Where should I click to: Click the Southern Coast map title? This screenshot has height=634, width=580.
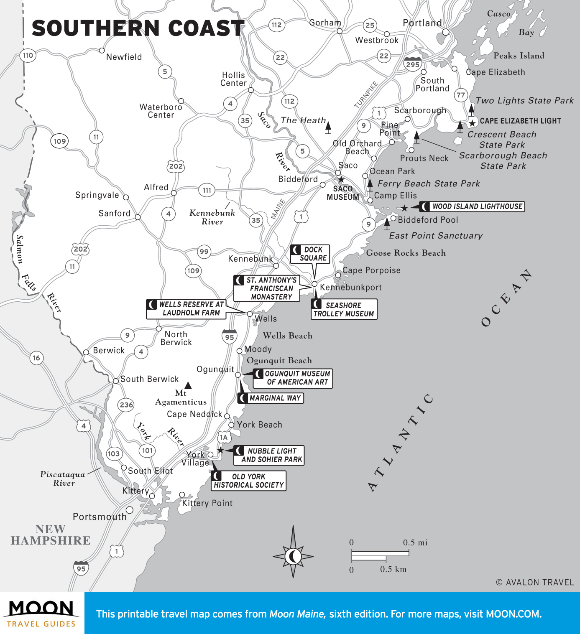(x=138, y=28)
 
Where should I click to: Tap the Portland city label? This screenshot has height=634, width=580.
(x=422, y=23)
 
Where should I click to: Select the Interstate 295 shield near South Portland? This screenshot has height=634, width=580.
(x=413, y=64)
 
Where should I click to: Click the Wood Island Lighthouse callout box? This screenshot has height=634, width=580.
(x=472, y=206)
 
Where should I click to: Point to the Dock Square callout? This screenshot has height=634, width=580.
(x=310, y=254)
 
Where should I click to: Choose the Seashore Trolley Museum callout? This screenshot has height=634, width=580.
(x=344, y=309)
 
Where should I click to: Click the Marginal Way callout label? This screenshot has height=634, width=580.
(x=271, y=398)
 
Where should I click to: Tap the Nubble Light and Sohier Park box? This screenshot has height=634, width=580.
(x=268, y=455)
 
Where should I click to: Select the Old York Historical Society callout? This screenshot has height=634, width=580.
(x=249, y=481)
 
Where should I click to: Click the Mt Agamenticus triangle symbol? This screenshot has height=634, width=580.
(x=188, y=385)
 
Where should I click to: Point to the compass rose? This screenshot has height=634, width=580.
(x=293, y=556)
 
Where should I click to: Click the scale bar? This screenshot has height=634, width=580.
(x=380, y=555)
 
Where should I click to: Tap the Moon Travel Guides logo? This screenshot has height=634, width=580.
(x=41, y=613)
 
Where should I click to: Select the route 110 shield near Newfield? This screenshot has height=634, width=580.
(x=28, y=55)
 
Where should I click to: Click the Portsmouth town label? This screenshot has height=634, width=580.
(x=100, y=517)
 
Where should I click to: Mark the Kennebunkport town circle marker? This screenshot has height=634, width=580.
(x=314, y=284)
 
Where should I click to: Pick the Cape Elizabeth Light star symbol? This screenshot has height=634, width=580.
(x=472, y=123)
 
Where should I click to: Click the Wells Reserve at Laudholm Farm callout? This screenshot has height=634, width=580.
(x=186, y=309)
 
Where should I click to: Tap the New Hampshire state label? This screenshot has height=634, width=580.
(x=51, y=535)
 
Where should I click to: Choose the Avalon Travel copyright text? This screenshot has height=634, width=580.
(x=535, y=582)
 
